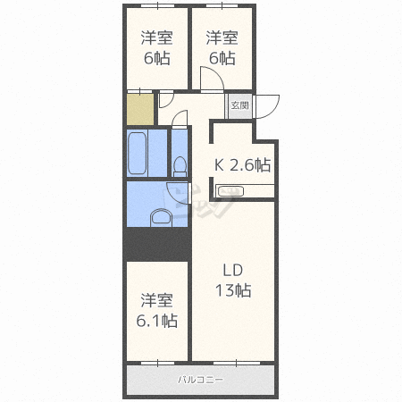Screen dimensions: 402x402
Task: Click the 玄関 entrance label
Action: click(x=239, y=105)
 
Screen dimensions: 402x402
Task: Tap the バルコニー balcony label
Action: click(x=200, y=380)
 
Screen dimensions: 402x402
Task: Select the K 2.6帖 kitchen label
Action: click(x=243, y=164)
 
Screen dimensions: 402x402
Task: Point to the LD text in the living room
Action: click(x=233, y=270)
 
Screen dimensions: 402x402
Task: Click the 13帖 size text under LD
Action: click(x=233, y=290)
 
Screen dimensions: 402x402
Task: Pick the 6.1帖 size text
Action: click(x=157, y=321)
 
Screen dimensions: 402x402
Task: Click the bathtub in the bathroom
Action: click(x=138, y=153)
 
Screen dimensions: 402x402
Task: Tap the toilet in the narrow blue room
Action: click(x=180, y=166)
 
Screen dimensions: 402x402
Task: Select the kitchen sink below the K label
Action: click(x=230, y=191)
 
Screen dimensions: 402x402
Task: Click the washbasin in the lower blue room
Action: click(x=161, y=218)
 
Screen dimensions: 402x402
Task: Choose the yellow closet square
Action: click(x=140, y=109)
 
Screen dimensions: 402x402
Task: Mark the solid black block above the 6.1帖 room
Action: click(x=157, y=244)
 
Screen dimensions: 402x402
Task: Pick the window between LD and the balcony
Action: click(x=237, y=363)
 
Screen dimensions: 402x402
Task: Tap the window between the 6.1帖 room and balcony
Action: click(x=157, y=363)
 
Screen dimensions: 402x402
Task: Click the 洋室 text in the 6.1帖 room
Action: click(x=157, y=300)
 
